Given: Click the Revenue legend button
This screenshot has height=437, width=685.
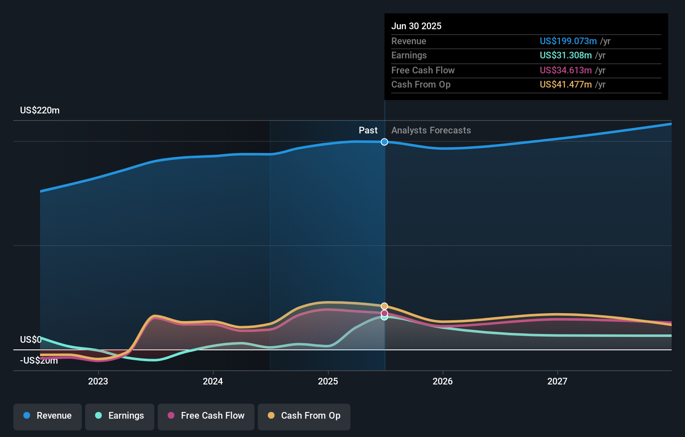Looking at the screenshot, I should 48,416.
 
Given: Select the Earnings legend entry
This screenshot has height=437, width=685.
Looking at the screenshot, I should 120,416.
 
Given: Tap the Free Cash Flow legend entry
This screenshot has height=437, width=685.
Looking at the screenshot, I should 206,416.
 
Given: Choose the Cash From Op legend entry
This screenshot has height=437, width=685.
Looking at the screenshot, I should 304,416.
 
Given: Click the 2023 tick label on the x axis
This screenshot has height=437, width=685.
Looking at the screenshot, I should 98,381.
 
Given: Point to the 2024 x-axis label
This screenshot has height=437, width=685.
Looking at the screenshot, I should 213,381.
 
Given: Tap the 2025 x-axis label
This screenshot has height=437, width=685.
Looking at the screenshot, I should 328,381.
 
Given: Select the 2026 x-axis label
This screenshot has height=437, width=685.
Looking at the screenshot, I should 443,381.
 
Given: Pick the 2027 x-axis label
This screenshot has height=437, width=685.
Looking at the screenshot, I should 557,381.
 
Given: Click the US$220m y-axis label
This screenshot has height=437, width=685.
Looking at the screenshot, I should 40,111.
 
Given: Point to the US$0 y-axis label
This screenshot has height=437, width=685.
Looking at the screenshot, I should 31,339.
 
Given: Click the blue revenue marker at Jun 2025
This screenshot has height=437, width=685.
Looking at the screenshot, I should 384,142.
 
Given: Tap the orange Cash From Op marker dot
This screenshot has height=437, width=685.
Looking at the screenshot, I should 384,306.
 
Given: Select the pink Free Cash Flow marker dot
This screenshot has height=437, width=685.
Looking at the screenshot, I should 384,313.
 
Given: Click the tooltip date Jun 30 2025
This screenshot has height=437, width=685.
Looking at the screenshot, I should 416,26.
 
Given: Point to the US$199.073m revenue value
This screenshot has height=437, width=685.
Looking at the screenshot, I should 568,41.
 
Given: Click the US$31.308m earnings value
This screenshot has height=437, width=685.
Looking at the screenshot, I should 566,55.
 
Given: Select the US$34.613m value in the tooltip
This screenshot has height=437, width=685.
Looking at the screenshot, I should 566,70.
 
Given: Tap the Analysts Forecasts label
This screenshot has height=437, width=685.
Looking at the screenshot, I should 431,131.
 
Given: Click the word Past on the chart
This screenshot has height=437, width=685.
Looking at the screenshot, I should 368,131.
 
